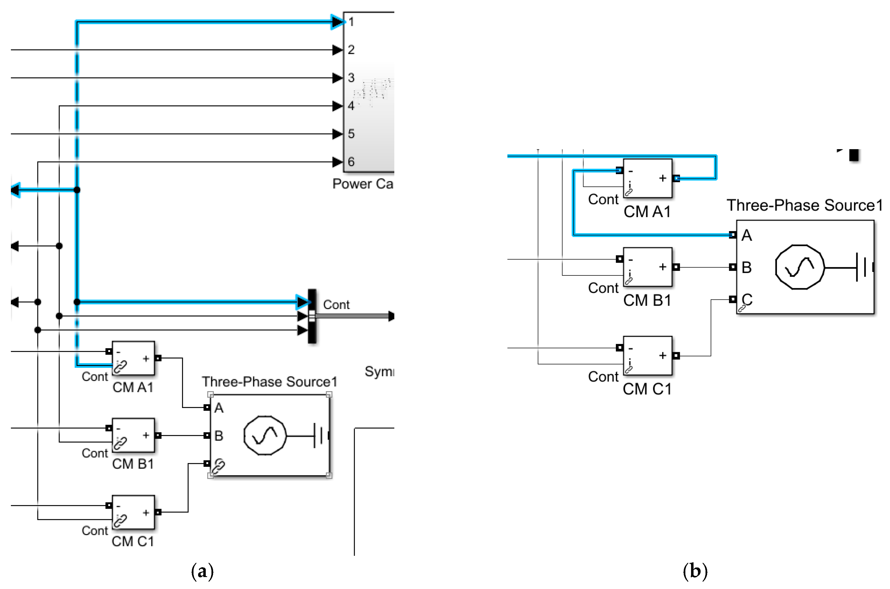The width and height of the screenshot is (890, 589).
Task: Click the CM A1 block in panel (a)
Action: click(133, 358)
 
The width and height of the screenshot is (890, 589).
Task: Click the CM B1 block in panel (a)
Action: click(133, 435)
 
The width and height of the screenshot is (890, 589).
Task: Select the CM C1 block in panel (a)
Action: click(133, 512)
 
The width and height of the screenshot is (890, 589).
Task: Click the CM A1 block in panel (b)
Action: click(647, 178)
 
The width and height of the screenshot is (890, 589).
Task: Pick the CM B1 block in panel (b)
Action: click(647, 267)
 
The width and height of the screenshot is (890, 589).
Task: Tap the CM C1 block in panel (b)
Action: click(647, 355)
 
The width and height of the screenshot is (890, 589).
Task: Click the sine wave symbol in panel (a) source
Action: click(265, 435)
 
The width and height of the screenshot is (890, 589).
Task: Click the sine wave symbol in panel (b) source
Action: click(800, 267)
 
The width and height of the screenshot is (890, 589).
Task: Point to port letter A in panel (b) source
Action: click(746, 235)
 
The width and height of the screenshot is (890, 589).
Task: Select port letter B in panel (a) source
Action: click(219, 436)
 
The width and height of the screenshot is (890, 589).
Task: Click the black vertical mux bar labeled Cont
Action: click(312, 316)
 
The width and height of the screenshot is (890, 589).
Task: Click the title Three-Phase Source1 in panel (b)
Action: click(804, 205)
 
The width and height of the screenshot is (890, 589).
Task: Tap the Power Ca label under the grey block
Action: click(362, 184)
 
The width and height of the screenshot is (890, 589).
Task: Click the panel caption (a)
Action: click(202, 571)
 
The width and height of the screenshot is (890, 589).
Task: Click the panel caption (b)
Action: click(695, 571)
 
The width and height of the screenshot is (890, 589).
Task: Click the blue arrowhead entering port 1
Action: click(337, 22)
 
